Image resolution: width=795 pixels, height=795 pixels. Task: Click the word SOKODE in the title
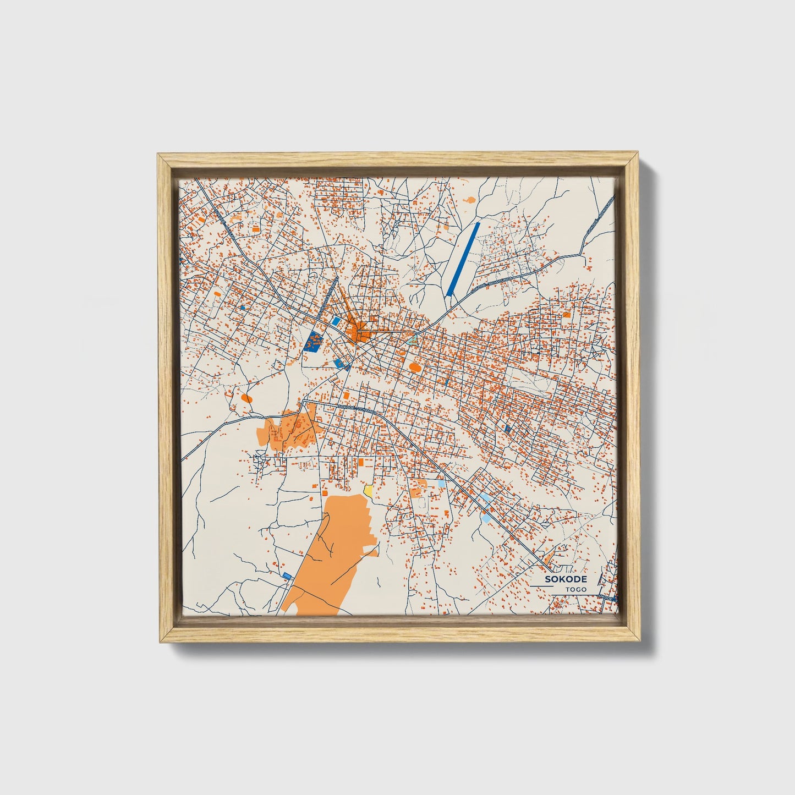[x=566, y=579]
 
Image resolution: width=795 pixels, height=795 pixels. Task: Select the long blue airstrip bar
[x=464, y=257]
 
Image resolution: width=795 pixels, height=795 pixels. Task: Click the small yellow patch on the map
[x=368, y=490]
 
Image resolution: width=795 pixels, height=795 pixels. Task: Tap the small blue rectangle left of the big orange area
[x=287, y=575]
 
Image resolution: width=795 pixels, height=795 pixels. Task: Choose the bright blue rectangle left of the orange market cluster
[x=335, y=321]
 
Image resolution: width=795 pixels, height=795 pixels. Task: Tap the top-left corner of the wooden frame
[x=158, y=155]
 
